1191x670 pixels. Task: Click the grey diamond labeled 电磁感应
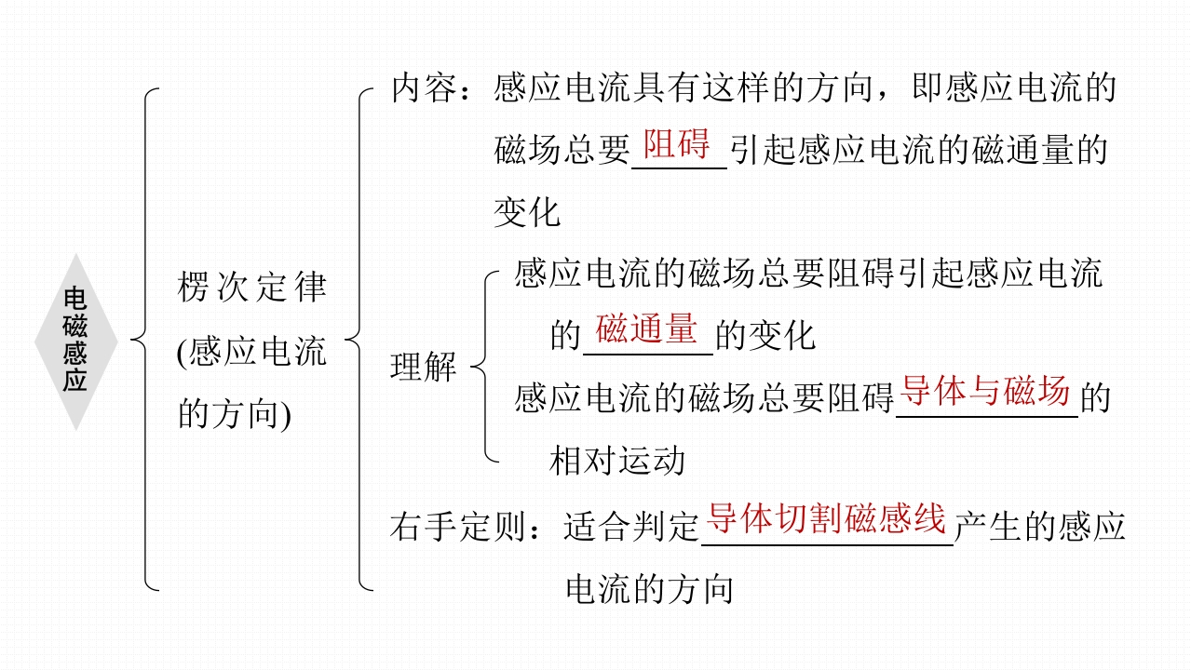click(75, 342)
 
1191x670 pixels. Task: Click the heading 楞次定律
click(252, 288)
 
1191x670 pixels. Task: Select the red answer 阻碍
click(677, 146)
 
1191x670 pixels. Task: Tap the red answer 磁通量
click(647, 330)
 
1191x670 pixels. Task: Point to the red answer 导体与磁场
click(986, 393)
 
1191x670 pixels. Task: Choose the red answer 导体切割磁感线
click(827, 519)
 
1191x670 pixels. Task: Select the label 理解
click(424, 368)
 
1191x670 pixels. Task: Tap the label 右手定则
click(457, 528)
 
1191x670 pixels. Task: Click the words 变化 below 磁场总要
click(527, 213)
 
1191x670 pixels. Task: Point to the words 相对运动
click(617, 461)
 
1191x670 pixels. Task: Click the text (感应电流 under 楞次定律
click(251, 353)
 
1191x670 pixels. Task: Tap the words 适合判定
click(631, 528)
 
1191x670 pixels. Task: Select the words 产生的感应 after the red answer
click(1041, 528)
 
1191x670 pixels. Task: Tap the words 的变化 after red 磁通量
click(765, 336)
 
